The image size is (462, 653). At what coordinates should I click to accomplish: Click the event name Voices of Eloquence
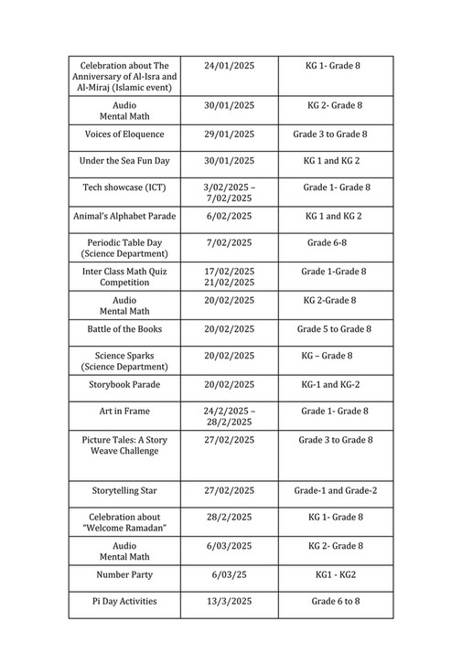click(124, 134)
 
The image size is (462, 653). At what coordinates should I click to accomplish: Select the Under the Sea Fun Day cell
click(124, 161)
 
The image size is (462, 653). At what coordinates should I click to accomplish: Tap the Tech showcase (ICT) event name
click(124, 187)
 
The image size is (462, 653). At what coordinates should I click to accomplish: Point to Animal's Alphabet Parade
click(124, 217)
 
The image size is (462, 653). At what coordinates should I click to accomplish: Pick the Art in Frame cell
click(124, 412)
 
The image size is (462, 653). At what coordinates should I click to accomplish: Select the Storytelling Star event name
click(124, 491)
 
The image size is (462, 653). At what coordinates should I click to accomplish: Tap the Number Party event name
click(124, 575)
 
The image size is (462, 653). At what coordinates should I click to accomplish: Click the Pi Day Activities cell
click(124, 602)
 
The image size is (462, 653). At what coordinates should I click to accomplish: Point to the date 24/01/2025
click(229, 67)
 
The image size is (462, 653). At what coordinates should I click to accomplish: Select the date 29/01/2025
click(229, 134)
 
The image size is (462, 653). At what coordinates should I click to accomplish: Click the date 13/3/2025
click(229, 602)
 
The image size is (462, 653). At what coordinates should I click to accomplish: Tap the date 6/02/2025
click(229, 217)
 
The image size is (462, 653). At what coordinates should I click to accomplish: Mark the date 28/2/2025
click(229, 518)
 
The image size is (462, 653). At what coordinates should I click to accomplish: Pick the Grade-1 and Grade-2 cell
click(335, 491)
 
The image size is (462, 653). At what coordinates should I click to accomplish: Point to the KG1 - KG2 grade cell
click(335, 575)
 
